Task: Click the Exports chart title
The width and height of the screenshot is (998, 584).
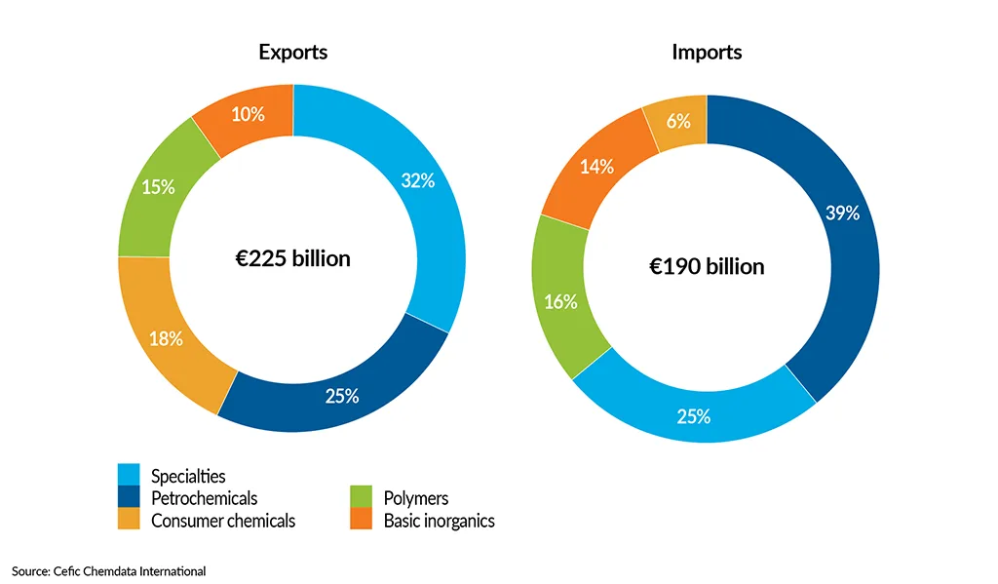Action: coord(292,53)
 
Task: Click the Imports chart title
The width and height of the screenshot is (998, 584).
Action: coord(707,53)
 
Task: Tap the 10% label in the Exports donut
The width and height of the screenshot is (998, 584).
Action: coord(248,114)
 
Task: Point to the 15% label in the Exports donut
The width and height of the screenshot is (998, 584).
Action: coord(158,186)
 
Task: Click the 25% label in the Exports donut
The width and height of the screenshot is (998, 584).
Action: coord(342,396)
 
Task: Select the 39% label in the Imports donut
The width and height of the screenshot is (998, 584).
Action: coord(842,213)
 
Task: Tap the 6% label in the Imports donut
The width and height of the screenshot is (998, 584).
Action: coord(678,121)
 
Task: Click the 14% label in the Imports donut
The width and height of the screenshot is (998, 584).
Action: coord(596,167)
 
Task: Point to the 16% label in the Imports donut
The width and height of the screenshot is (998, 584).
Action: coord(560,301)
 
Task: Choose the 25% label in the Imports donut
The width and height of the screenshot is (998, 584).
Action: coord(693,416)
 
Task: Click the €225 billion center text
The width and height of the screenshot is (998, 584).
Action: coord(292,259)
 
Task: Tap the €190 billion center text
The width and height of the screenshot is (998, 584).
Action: coord(707,266)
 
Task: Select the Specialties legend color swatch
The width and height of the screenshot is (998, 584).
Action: coord(129,474)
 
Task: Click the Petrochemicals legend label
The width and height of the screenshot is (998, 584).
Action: coord(204,498)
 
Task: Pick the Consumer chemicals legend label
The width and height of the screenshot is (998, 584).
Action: coord(222,521)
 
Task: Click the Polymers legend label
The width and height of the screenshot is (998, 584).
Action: coord(410,498)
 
